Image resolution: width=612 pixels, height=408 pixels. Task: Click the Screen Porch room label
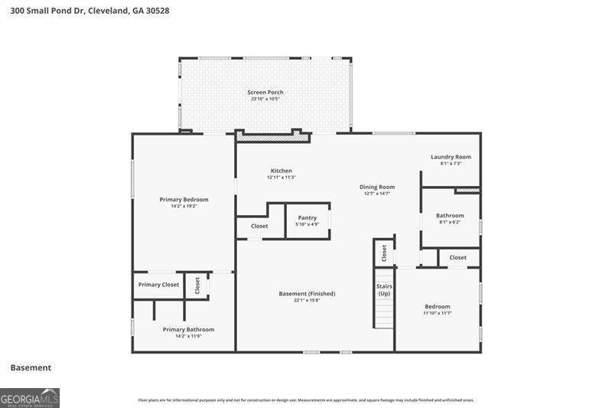tap(265, 93)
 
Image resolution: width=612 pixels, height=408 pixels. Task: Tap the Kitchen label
tap(281, 171)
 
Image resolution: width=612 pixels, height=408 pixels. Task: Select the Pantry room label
tap(307, 217)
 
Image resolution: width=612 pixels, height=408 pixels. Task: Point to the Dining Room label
tap(377, 187)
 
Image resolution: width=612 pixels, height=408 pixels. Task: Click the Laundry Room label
tap(451, 157)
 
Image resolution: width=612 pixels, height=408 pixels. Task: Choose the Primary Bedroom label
tap(184, 200)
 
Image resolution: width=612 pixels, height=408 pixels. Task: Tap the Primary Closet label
tap(158, 285)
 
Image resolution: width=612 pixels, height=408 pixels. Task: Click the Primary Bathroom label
tap(188, 330)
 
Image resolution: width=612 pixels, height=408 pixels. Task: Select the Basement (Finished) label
tap(307, 293)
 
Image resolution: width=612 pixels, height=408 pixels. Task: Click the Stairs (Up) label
tap(384, 290)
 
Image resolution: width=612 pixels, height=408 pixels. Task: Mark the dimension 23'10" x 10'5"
tap(265, 99)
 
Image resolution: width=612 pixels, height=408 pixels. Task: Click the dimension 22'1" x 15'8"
tap(307, 300)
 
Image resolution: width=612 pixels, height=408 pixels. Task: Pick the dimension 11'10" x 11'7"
tap(438, 313)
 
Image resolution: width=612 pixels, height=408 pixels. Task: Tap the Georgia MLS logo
tap(30, 398)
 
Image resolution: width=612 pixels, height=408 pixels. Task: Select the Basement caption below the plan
tap(31, 367)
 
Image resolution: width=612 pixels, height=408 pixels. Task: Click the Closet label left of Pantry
tap(259, 226)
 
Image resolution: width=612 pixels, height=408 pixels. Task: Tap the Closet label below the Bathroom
tap(457, 257)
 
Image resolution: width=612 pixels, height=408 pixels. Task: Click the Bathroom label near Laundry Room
tap(450, 216)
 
